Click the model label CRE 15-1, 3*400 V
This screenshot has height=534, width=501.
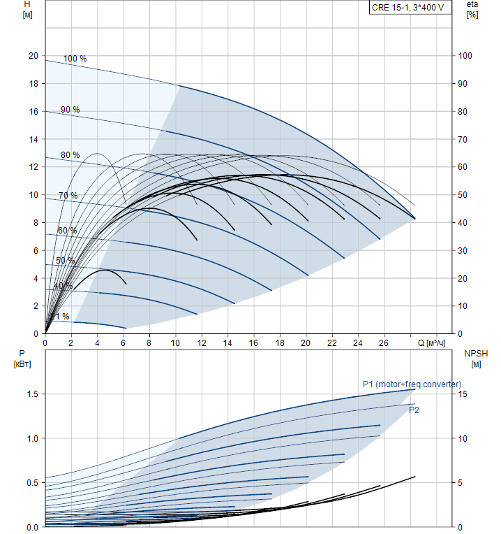pos(408,8)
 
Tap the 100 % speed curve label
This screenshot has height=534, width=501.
pos(75,59)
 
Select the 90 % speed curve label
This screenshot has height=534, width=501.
pos(70,110)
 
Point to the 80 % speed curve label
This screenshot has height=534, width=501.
pos(70,155)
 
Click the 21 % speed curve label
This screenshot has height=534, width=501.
pos(61,317)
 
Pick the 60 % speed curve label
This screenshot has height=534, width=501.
pos(67,231)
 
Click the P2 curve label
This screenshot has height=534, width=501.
pos(414,410)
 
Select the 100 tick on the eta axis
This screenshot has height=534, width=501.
pos(465,56)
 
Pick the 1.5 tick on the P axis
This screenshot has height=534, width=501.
pos(32,394)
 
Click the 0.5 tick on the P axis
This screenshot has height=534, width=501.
pos(32,483)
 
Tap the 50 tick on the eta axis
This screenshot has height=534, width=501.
pos(463,195)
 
